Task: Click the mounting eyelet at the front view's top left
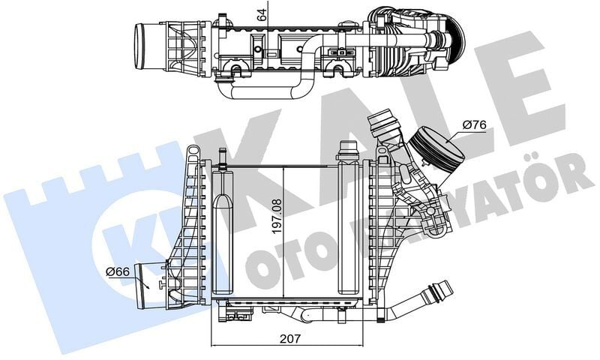coord(193,153)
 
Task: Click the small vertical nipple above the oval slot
coord(223,156)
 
